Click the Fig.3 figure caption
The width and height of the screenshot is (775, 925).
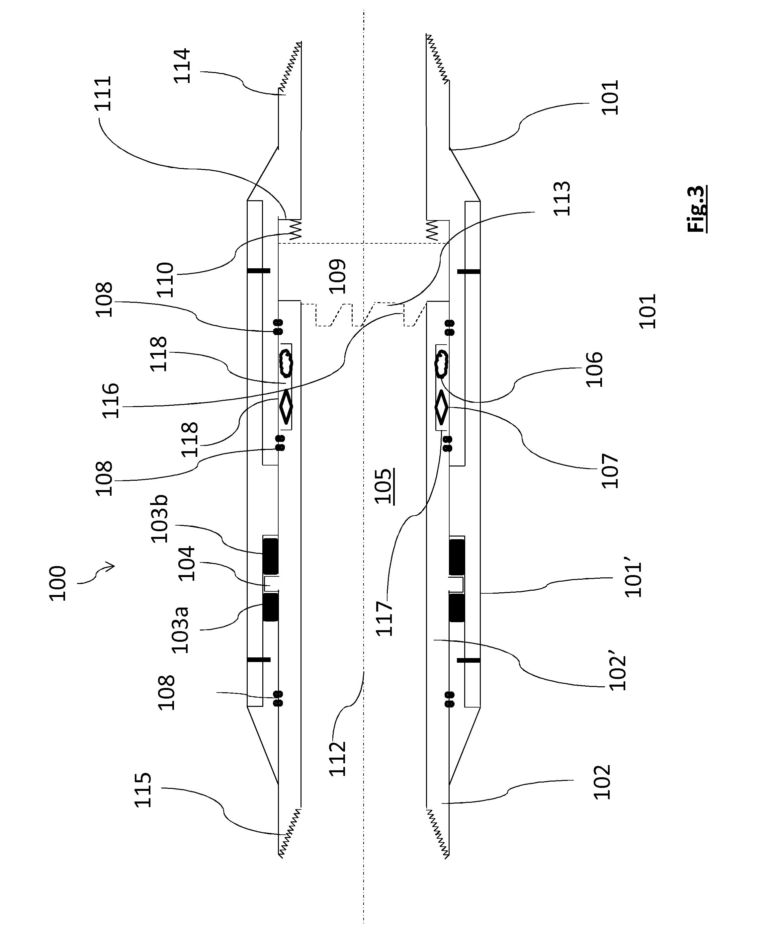697,209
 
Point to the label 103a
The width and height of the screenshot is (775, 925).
180,630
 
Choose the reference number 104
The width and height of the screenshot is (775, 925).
186,564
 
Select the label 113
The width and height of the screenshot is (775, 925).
562,198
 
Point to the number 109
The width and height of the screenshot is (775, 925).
338,277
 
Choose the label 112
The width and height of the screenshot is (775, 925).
338,759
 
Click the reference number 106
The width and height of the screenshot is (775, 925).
594,369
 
